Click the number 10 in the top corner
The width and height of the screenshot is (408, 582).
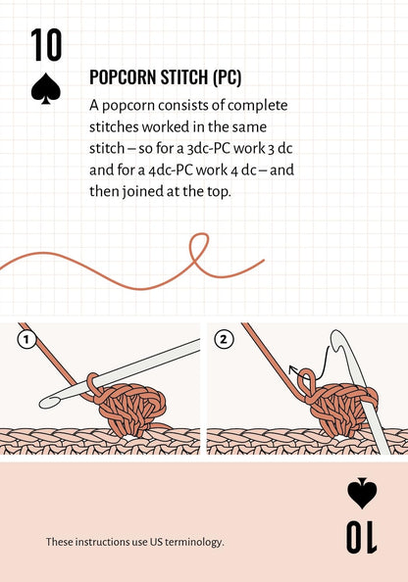coord(46,45)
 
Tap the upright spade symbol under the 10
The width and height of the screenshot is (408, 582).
coord(46,88)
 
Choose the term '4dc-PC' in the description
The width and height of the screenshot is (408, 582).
coord(179,169)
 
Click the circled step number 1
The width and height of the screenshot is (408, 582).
coord(26,340)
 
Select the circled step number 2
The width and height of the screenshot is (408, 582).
coord(225,340)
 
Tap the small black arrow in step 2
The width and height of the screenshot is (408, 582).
coord(294,370)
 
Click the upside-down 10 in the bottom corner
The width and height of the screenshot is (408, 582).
coord(361,536)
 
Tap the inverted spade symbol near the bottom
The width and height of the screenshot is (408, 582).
coord(362,493)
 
